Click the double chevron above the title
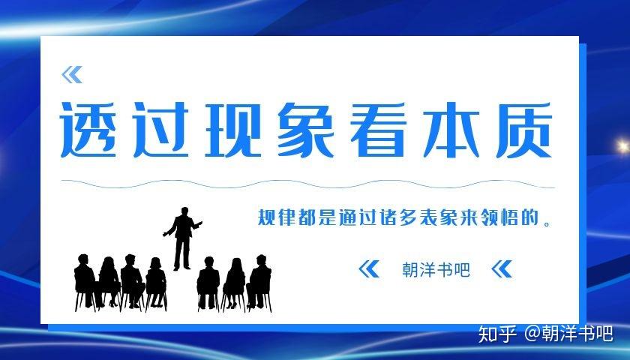(x=72, y=74)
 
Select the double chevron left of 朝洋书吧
(x=369, y=269)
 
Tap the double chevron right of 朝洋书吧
(x=501, y=269)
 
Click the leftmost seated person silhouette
(x=84, y=281)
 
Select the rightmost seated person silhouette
(x=259, y=281)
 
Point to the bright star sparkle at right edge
(x=621, y=145)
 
